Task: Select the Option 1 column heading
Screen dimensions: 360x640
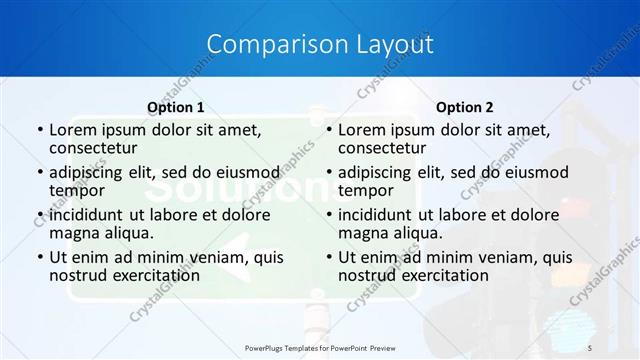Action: pyautogui.click(x=175, y=106)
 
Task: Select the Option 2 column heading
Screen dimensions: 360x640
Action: pyautogui.click(x=464, y=106)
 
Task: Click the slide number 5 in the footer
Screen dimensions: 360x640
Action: pyautogui.click(x=589, y=346)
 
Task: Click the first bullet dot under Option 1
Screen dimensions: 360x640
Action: pyautogui.click(x=39, y=130)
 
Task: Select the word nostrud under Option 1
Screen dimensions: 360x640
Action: pyautogui.click(x=77, y=274)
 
